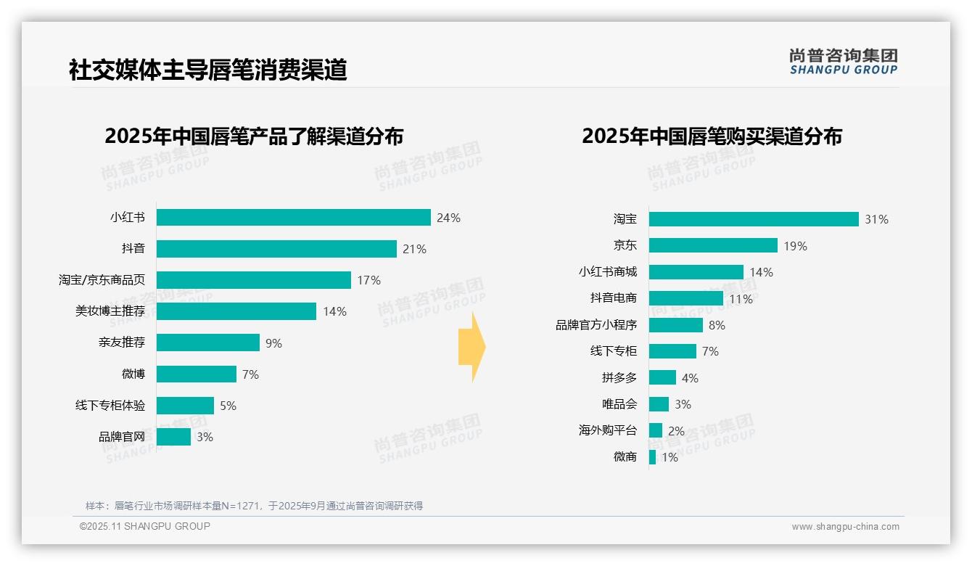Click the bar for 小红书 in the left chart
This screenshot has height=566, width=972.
[294, 218]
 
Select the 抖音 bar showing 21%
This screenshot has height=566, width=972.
[276, 249]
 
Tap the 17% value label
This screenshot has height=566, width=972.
[368, 280]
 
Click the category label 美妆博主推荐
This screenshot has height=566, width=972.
[110, 311]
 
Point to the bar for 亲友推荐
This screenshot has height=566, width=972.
[208, 343]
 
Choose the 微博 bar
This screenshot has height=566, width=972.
[197, 374]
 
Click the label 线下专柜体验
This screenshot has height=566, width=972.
[110, 405]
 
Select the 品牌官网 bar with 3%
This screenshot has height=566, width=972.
[173, 437]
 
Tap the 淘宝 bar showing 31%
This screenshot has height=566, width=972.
[754, 219]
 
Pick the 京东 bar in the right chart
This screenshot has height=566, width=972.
[713, 245]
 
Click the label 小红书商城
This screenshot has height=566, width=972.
[608, 272]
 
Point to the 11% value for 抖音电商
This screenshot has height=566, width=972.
[741, 299]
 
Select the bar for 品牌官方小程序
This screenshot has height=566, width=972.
[676, 325]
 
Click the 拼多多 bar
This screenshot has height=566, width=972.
[662, 377]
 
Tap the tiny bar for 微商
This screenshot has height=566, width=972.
[652, 457]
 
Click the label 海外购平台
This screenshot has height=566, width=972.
[608, 430]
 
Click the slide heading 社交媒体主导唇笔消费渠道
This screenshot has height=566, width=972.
[207, 70]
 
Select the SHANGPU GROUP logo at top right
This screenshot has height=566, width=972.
[844, 62]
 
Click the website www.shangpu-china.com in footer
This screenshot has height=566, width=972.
[845, 527]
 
